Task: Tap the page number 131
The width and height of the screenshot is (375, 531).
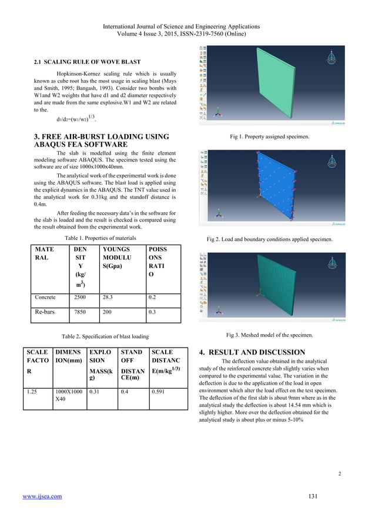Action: tap(313, 496)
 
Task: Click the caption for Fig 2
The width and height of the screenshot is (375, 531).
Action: tap(270, 239)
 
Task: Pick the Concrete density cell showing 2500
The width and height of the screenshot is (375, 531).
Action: tap(79, 297)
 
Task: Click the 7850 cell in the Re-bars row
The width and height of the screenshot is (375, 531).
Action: tap(79, 313)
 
